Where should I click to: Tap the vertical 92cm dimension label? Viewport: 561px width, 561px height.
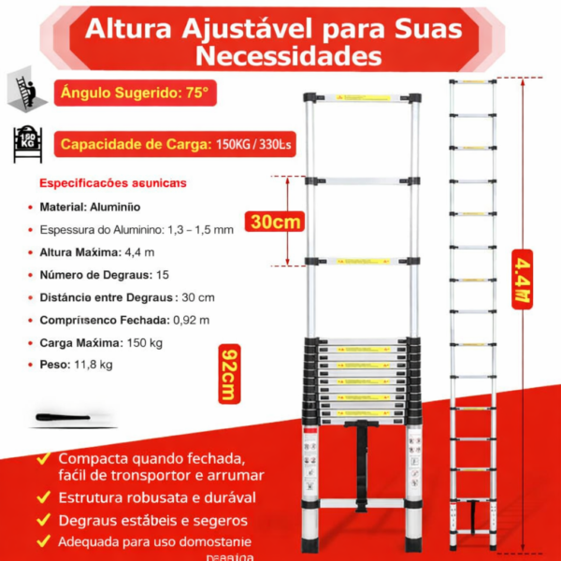coord(227,374)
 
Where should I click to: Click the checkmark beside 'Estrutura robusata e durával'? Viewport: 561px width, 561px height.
coord(44,497)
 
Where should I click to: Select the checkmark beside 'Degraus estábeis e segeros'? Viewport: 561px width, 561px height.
coord(44,520)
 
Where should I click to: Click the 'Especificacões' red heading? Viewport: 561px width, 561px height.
coord(112,182)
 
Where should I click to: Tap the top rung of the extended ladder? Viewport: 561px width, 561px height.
coord(472,82)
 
